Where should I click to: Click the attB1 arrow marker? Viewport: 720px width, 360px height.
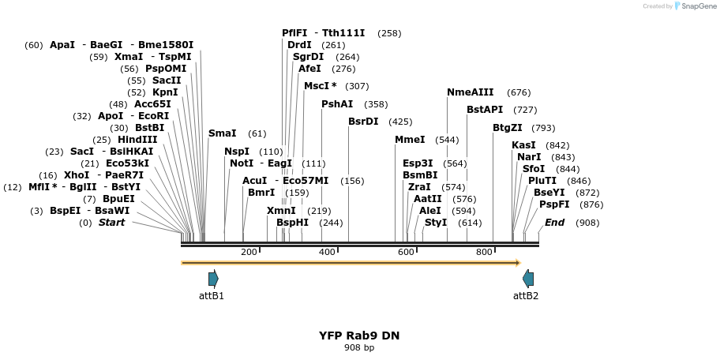213,279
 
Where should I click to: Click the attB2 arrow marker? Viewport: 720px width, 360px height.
528,279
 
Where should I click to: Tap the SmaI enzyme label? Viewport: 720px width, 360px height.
223,133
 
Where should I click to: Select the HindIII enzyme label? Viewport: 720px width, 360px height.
137,139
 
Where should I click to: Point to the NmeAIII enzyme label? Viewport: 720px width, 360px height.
471,92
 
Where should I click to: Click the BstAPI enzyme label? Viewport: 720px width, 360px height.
485,110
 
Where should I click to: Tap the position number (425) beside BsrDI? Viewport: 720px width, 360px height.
400,122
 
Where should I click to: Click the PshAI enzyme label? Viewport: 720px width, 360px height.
338,104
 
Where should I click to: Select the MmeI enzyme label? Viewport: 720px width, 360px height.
410,140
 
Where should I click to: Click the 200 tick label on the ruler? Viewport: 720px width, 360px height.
249,252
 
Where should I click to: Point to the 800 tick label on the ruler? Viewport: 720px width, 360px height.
484,252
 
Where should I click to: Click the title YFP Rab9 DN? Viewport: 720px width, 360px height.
359,336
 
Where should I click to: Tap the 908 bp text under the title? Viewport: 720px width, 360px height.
359,347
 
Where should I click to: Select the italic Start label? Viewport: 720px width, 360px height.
111,223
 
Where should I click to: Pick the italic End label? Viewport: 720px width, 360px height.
555,223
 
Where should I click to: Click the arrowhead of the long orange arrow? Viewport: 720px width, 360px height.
519,263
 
